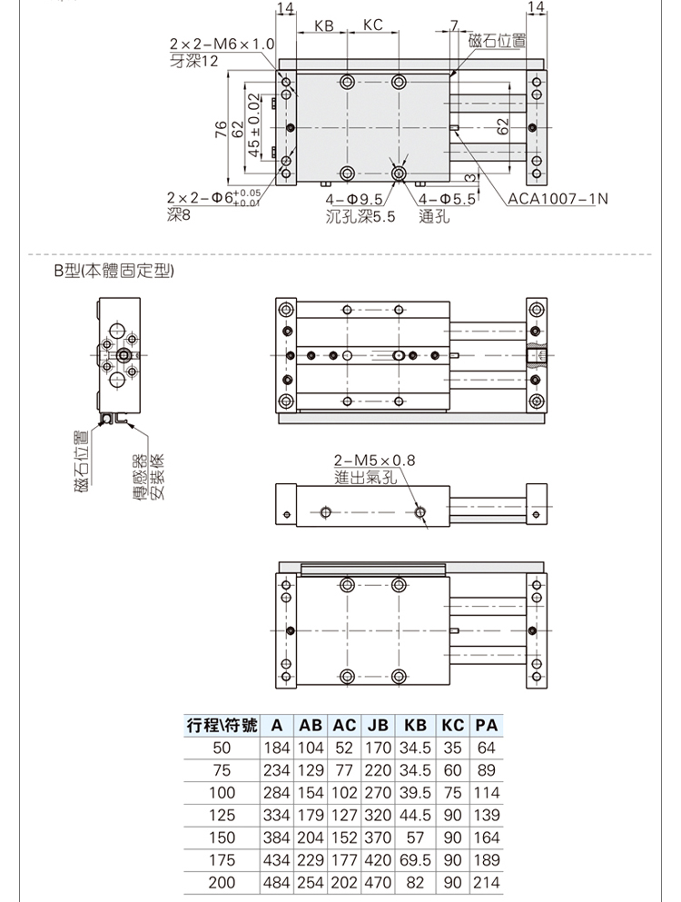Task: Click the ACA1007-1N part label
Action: [x=558, y=199]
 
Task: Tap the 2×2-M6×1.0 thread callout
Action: [x=222, y=45]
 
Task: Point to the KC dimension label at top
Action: [x=372, y=25]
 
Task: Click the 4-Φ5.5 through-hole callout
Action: [x=447, y=199]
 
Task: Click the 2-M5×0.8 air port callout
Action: [x=373, y=460]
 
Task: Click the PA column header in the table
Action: [x=486, y=726]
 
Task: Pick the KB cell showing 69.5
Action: [x=414, y=859]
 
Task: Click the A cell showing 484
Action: [x=275, y=881]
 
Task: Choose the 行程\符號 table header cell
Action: [x=222, y=726]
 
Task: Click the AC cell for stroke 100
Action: [x=344, y=793]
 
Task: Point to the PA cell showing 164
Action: [x=486, y=838]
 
